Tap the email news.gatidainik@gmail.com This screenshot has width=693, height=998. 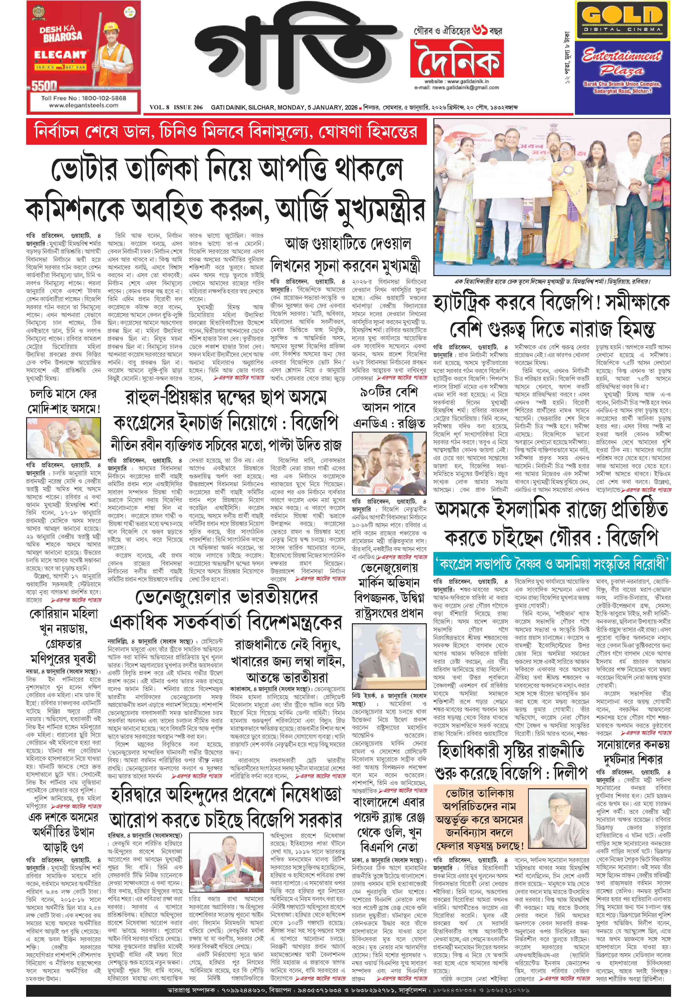(x=462, y=88)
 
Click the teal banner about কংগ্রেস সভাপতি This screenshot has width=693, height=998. (x=551, y=565)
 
